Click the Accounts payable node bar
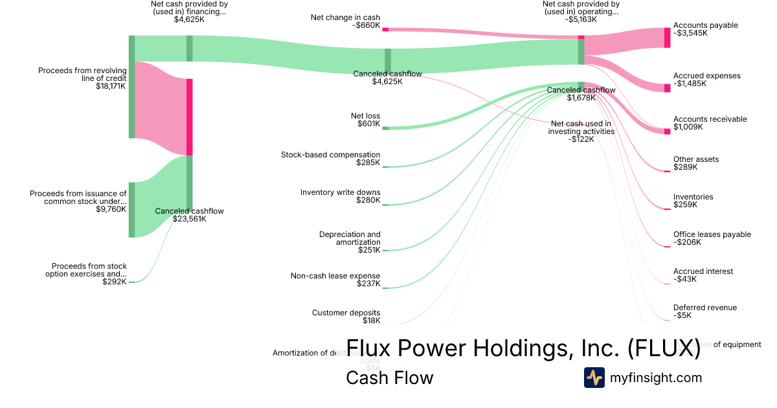pyautogui.click(x=667, y=38)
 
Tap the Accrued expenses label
pyautogui.click(x=706, y=80)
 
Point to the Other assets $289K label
pyautogui.click(x=695, y=163)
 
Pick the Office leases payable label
pyautogui.click(x=712, y=238)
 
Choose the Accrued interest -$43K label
pyautogui.click(x=703, y=275)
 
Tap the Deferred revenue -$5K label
pyautogui.click(x=704, y=312)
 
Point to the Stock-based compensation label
pyautogui.click(x=330, y=159)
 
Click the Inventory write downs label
pyautogui.click(x=340, y=196)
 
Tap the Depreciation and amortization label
pyautogui.click(x=350, y=242)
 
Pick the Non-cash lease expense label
pyautogui.click(x=335, y=280)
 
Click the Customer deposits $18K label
pyautogui.click(x=346, y=317)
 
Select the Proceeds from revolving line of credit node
pyautogui.click(x=131, y=87)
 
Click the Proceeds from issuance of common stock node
pyautogui.click(x=131, y=210)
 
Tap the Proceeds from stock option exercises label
pyautogui.click(x=89, y=274)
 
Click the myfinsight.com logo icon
pyautogui.click(x=594, y=378)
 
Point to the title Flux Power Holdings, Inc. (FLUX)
pyautogui.click(x=523, y=348)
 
